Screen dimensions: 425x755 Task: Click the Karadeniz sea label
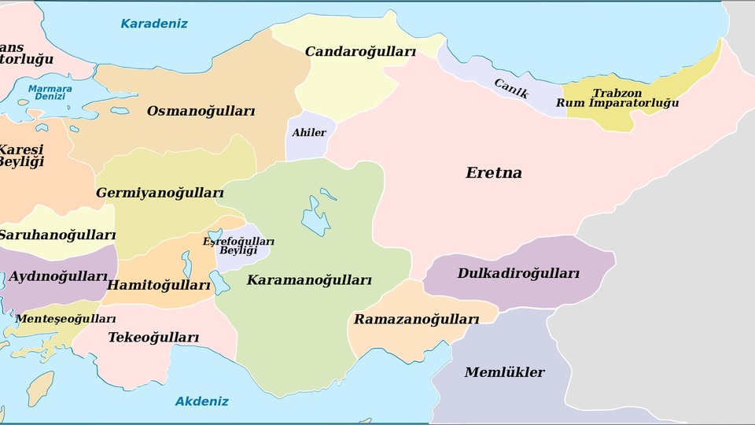tap(154, 24)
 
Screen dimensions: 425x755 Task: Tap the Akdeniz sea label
tap(202, 401)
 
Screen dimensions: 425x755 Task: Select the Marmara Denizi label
tap(50, 92)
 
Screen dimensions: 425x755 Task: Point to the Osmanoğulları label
tap(201, 111)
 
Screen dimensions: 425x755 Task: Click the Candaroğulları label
tap(360, 52)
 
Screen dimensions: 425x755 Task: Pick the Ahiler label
tap(308, 132)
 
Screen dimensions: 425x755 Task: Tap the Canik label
tap(511, 87)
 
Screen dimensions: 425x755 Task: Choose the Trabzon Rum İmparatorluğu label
tap(617, 98)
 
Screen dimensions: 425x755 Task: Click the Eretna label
tap(494, 172)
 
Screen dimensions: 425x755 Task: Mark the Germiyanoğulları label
tap(160, 193)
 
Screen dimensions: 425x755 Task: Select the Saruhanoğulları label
tap(57, 235)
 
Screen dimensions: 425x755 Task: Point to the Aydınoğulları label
tap(58, 276)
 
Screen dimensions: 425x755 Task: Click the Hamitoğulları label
tap(160, 284)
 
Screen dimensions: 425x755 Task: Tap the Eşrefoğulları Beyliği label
tap(238, 246)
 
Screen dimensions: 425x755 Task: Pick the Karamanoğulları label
tap(309, 279)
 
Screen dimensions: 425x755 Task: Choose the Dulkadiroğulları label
tap(518, 274)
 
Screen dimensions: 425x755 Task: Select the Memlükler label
tap(504, 372)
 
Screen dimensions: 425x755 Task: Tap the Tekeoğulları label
tap(153, 338)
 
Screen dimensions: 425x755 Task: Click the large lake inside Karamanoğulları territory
tap(315, 216)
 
